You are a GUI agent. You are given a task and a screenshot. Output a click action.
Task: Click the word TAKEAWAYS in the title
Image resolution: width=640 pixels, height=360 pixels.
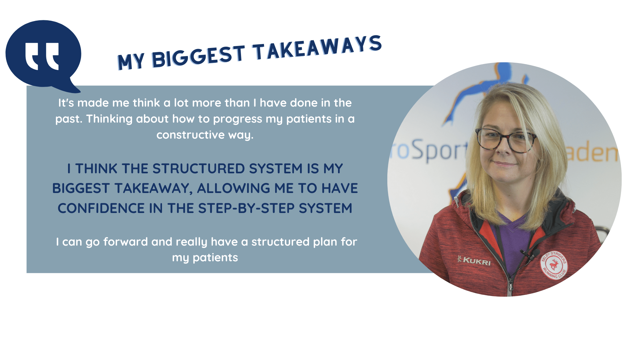coord(317,48)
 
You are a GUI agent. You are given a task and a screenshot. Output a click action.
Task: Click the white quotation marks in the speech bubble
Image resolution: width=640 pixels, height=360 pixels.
coord(42,56)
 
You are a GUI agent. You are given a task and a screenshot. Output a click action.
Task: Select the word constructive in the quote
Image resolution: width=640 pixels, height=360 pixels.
coord(191,135)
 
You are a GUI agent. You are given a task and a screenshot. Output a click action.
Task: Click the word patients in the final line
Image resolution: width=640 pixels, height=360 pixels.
coord(215,258)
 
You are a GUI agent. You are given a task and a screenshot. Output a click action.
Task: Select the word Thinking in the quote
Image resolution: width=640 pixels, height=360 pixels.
coord(109,119)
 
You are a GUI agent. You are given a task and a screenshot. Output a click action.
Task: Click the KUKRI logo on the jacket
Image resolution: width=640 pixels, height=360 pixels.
coord(474,260)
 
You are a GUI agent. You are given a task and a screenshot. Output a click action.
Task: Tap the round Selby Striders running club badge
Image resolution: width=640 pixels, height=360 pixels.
coord(554,265)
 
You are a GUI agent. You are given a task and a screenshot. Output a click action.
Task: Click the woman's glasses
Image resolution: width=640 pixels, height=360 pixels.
coord(506,140)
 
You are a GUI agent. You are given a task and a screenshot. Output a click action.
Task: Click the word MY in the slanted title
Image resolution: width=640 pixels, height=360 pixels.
coord(131,61)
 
